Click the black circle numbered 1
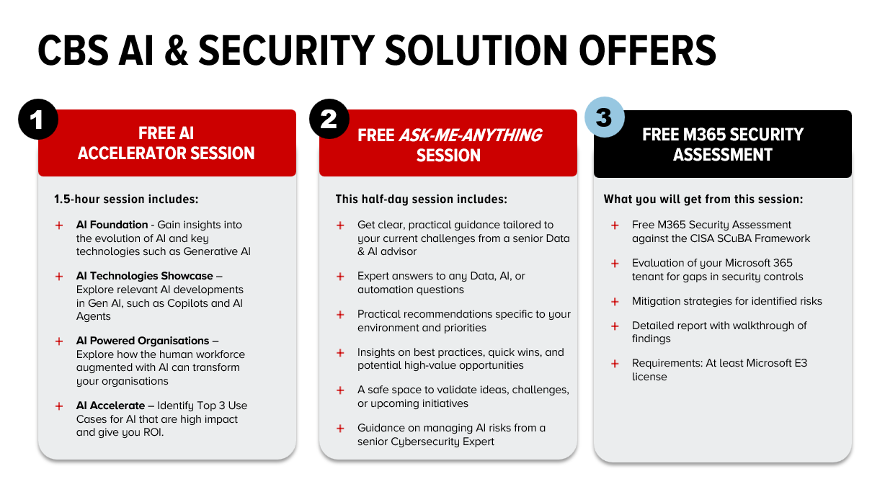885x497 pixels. (x=38, y=120)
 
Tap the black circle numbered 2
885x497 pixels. (x=329, y=119)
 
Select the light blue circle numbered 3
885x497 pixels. (x=605, y=117)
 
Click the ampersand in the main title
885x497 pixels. (x=177, y=51)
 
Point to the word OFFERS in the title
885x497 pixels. (x=648, y=51)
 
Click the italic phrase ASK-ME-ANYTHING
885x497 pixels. (x=470, y=135)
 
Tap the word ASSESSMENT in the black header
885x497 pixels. (x=723, y=155)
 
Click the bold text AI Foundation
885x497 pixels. (x=112, y=225)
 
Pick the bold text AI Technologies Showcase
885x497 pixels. (x=145, y=276)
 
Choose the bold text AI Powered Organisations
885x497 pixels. (x=143, y=341)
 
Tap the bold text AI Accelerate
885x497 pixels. (x=111, y=406)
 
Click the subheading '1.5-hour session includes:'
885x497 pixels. (x=126, y=200)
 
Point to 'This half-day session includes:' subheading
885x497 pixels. (x=421, y=200)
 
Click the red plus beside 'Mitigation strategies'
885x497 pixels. (x=615, y=302)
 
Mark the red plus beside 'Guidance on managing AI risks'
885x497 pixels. (x=340, y=429)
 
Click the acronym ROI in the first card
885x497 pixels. (x=153, y=433)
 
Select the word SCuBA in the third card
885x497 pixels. (x=734, y=239)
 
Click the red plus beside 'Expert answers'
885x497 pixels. (x=340, y=277)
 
